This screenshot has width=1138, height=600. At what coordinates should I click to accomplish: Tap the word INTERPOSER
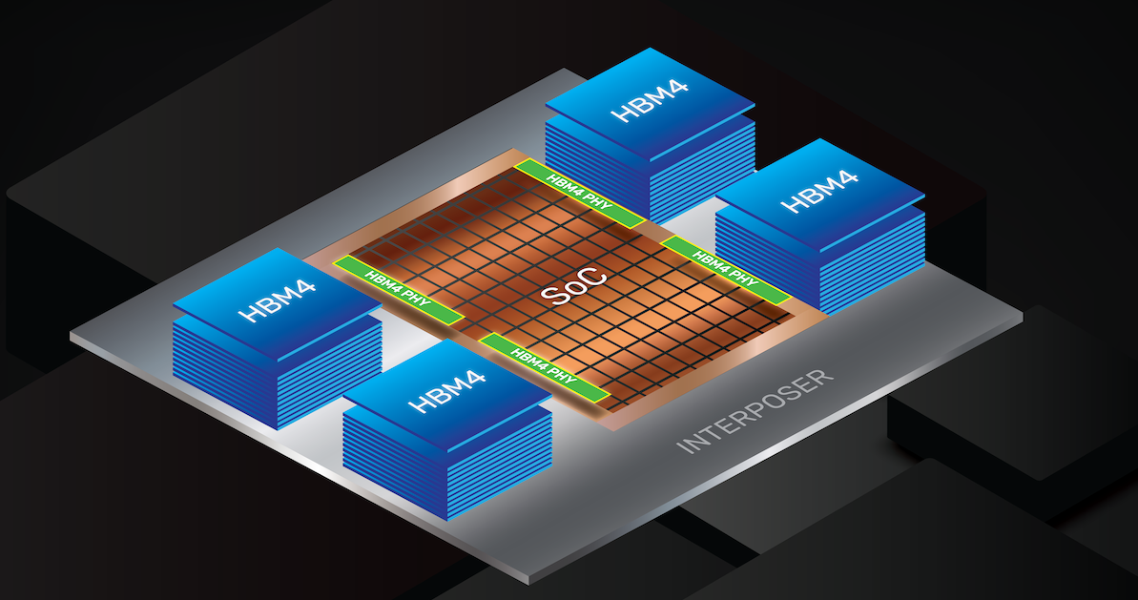(x=755, y=409)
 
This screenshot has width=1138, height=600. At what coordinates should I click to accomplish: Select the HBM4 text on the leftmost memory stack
(x=277, y=297)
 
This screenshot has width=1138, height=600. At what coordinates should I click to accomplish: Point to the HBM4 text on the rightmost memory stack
(x=819, y=190)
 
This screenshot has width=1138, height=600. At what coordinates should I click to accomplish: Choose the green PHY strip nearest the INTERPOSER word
(x=545, y=366)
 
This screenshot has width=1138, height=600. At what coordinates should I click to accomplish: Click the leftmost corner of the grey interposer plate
(x=72, y=336)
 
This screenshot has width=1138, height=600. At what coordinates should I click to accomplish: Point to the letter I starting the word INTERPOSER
(x=681, y=448)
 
